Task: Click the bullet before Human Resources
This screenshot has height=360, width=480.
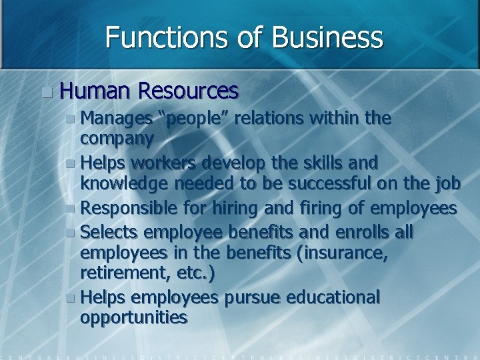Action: coord(45,91)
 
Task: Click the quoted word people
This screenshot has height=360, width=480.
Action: coord(199,119)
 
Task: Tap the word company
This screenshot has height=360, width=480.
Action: coord(117,138)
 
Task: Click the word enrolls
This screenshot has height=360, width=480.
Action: coord(369,231)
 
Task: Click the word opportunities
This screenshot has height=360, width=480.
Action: coord(133,317)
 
